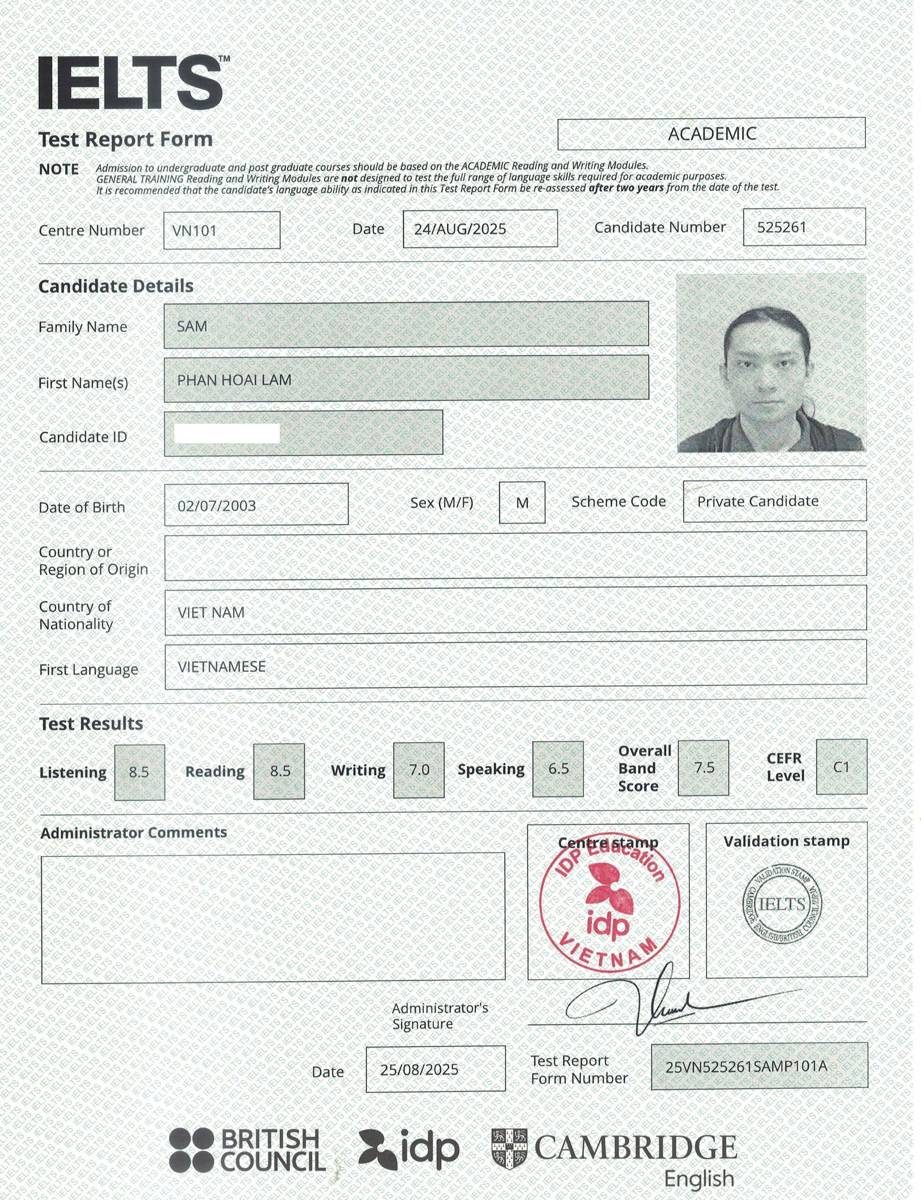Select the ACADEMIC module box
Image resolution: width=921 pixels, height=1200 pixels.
click(711, 133)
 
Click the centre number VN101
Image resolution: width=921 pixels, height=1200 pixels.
click(195, 230)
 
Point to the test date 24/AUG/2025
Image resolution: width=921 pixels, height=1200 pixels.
click(459, 229)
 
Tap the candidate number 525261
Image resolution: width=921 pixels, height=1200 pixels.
click(781, 227)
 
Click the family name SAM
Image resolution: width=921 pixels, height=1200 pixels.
click(192, 326)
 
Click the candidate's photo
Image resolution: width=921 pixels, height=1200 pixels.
click(771, 363)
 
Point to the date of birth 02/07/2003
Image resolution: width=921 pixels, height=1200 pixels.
click(217, 505)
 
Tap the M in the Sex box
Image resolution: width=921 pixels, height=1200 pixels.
click(522, 502)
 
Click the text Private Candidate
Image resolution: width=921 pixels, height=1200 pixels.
click(757, 501)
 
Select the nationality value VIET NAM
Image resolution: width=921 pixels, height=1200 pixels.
click(211, 612)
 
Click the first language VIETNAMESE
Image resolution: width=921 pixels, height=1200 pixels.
click(222, 667)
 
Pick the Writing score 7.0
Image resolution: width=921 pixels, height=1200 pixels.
click(419, 770)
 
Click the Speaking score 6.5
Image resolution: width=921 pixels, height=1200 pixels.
click(558, 769)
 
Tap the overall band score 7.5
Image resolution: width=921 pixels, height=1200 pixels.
click(704, 767)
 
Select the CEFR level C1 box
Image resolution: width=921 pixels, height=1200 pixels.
click(841, 766)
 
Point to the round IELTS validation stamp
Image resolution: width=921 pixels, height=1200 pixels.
click(782, 905)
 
